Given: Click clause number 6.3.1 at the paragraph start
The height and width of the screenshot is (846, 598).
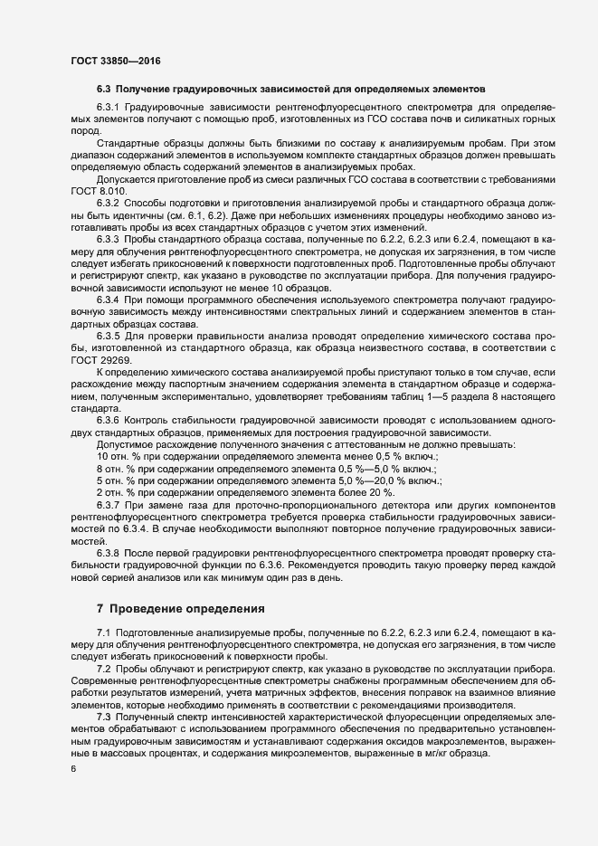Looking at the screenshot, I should click(x=108, y=109).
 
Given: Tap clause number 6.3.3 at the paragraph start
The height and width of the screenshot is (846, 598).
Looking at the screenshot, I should click(x=108, y=238).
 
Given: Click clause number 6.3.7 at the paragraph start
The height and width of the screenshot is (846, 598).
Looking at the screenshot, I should click(x=108, y=502).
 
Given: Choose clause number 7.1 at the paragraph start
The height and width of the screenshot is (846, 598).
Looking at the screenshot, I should click(x=103, y=630).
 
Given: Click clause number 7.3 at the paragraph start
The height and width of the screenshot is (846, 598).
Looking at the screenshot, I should click(x=103, y=715).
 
